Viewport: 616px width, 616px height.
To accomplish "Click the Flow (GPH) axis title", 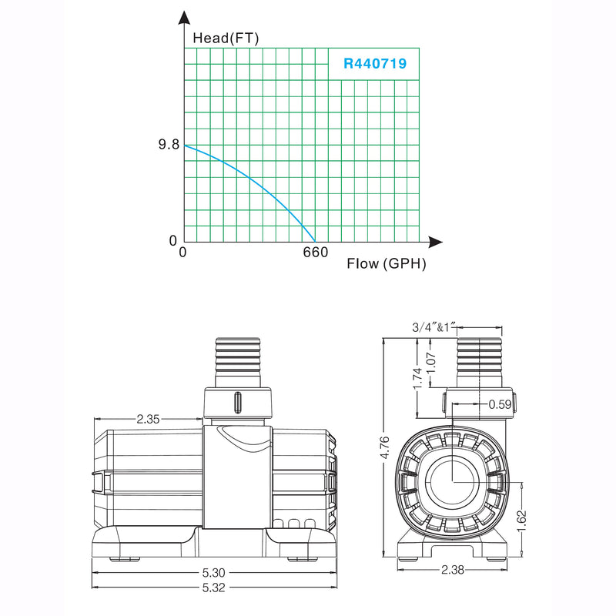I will [x=386, y=264].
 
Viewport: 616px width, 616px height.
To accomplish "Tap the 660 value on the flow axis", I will [x=314, y=253].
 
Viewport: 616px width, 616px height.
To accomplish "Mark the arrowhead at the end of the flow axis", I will [x=435, y=241].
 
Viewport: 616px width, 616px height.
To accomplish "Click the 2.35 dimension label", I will [x=148, y=420].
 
